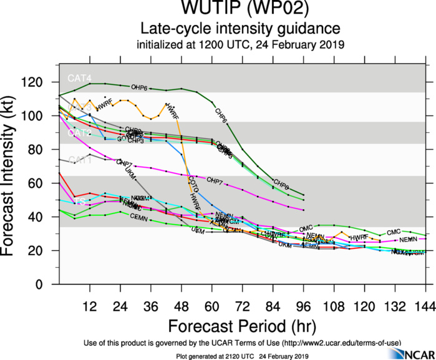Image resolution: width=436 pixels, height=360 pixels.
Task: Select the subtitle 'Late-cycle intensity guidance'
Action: pos(240,29)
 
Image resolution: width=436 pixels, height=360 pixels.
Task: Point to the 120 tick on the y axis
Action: pos(39,82)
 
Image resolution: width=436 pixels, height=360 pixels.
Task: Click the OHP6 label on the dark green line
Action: pos(138,87)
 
